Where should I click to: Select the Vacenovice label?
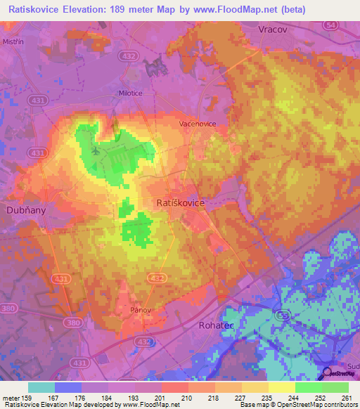click(197, 123)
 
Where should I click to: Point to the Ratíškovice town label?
click(179, 202)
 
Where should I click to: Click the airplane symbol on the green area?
click(96, 150)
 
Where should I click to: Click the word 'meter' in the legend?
click(11, 398)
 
